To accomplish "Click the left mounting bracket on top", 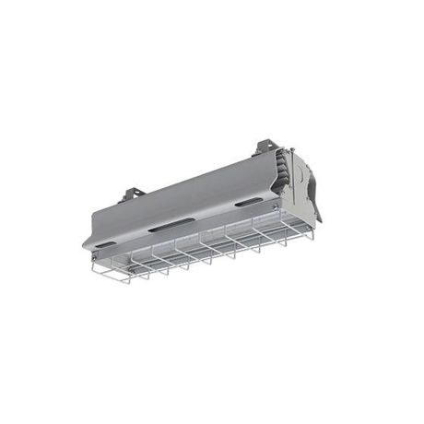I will pos(131,194).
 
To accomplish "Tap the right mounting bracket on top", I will pos(265,146).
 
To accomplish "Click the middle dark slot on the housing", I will pos(171,223).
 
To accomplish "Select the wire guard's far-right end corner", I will pos(312,236).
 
